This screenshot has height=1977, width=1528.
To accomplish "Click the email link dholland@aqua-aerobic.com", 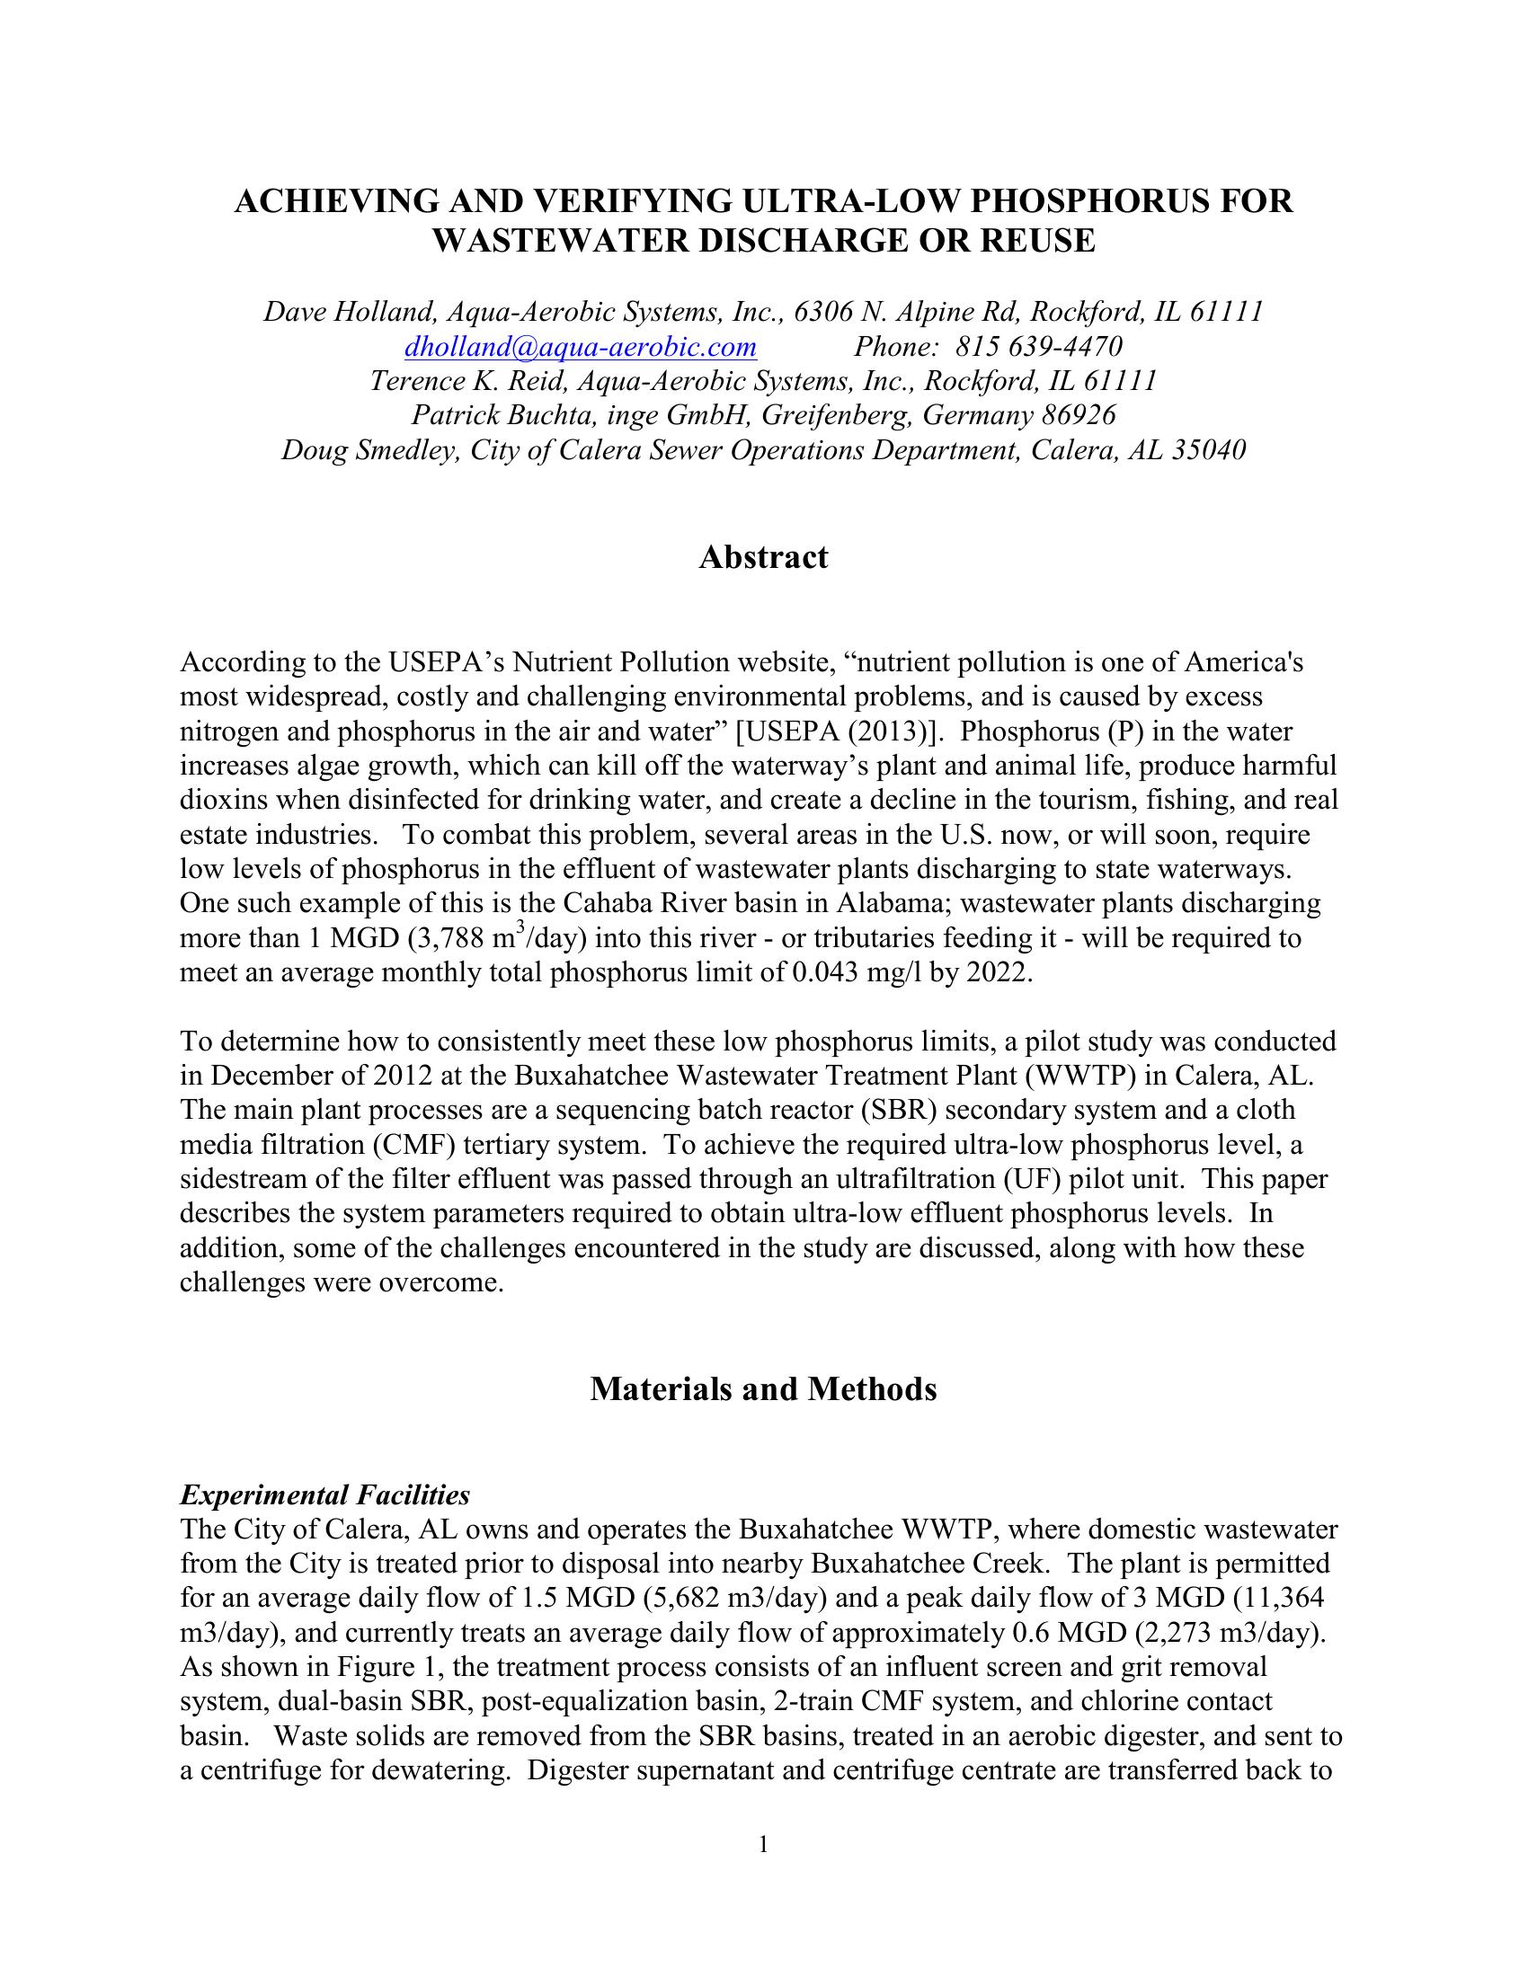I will pos(581,347).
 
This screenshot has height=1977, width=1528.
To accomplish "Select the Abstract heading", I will pos(763,558).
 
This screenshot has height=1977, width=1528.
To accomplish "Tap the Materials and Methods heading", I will pos(763,1388).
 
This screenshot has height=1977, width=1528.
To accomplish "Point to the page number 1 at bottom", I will pos(763,1845).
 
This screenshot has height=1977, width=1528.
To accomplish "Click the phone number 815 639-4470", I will pos(1038,347).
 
